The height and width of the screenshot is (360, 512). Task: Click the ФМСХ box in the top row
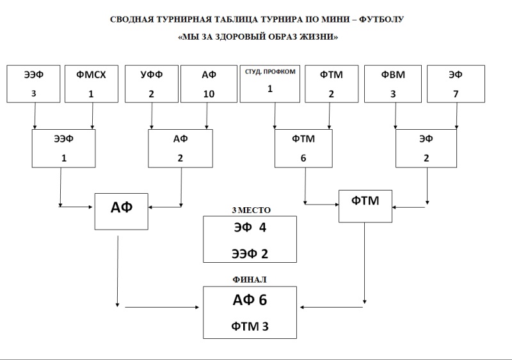click(92, 84)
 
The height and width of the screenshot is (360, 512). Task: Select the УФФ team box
click(152, 84)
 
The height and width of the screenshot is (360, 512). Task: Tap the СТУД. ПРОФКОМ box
click(269, 84)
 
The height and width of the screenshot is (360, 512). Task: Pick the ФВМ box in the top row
click(393, 84)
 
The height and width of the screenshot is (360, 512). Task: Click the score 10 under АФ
click(209, 94)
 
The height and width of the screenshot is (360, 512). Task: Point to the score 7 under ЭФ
click(456, 94)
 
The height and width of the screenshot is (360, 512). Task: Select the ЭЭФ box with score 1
click(63, 148)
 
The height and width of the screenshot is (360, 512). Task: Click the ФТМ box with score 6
click(303, 148)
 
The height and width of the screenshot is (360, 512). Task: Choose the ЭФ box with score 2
click(426, 148)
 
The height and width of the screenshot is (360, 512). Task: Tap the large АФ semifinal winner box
click(122, 212)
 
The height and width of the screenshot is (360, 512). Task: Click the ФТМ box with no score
click(365, 207)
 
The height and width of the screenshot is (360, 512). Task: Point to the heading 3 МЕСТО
click(251, 210)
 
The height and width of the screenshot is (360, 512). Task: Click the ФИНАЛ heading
click(250, 279)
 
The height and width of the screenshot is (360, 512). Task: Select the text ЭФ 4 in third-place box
click(250, 228)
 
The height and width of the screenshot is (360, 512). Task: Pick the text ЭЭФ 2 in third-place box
click(250, 254)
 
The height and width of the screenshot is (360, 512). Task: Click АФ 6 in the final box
click(250, 300)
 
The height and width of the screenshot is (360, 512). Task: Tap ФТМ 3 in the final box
click(250, 326)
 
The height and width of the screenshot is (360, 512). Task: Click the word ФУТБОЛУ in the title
click(381, 20)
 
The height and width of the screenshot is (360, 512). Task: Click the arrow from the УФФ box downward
click(152, 116)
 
